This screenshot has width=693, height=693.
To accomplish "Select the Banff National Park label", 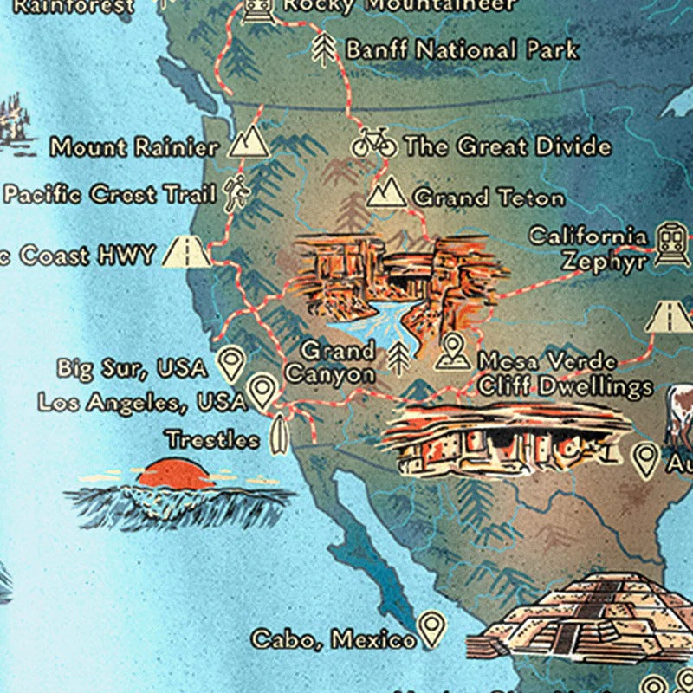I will coord(461,49).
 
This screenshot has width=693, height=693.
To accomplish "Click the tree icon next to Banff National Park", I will coord(324,49).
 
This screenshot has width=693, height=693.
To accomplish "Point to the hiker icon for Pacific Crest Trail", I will coord(234,194).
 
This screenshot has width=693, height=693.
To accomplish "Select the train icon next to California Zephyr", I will coord(670,244).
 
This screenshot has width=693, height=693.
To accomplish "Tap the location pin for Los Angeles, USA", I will coord(262,392).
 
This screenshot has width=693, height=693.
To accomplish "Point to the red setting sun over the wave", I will coord(174,472).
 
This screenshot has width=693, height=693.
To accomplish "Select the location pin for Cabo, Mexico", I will coord(431,630).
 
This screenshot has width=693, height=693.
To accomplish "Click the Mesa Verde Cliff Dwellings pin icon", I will coord(451,351).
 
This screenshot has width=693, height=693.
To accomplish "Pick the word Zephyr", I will coord(604,260).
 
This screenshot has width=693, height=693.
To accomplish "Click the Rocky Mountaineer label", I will coord(399,5).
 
